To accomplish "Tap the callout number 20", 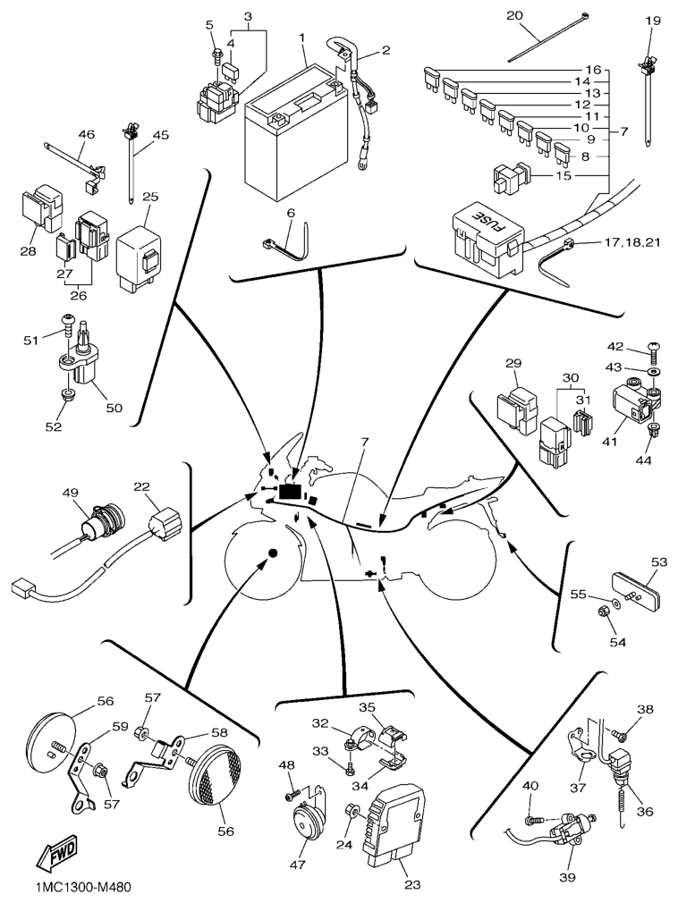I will pyautogui.click(x=539, y=16).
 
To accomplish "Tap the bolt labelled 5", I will pyautogui.click(x=217, y=55).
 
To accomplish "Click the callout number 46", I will pyautogui.click(x=86, y=135).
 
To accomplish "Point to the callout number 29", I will pyautogui.click(x=513, y=364).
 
